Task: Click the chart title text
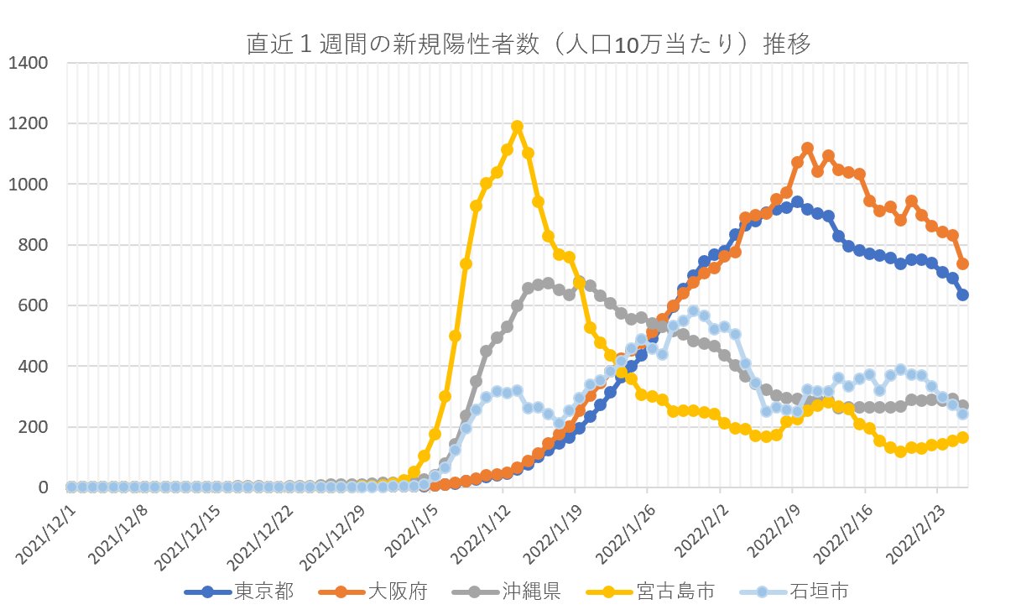[529, 44]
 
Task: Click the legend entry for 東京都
[263, 592]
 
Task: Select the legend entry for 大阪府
[398, 592]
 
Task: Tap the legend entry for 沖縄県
[531, 592]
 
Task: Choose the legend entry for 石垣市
[820, 592]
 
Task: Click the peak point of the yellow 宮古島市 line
[518, 127]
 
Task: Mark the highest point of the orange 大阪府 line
[808, 148]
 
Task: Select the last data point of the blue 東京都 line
[963, 295]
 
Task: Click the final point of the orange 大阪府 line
[963, 263]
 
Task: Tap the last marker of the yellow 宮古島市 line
[963, 437]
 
